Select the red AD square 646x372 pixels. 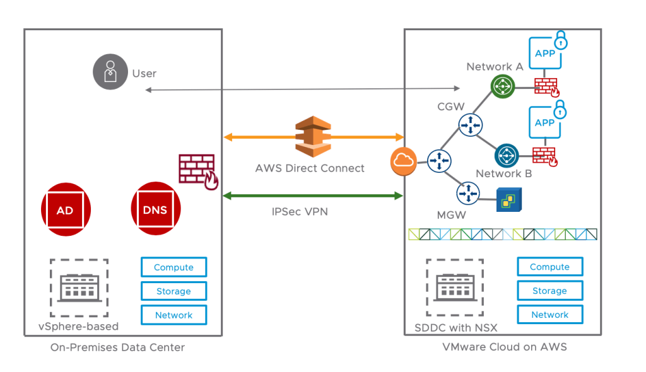[x=66, y=210]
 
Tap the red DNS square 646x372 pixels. [x=155, y=210]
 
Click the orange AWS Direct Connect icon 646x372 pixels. [x=313, y=136]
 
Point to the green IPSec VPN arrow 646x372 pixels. [x=313, y=196]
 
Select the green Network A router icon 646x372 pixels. [x=503, y=86]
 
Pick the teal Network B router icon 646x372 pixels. [x=506, y=155]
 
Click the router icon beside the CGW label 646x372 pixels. [x=469, y=124]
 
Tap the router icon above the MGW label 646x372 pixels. [x=467, y=192]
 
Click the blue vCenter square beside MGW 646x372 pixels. [x=508, y=199]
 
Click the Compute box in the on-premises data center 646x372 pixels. [x=173, y=267]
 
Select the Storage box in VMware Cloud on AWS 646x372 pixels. [x=549, y=291]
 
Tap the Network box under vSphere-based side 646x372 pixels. [x=173, y=315]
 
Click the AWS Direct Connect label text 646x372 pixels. [x=310, y=168]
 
